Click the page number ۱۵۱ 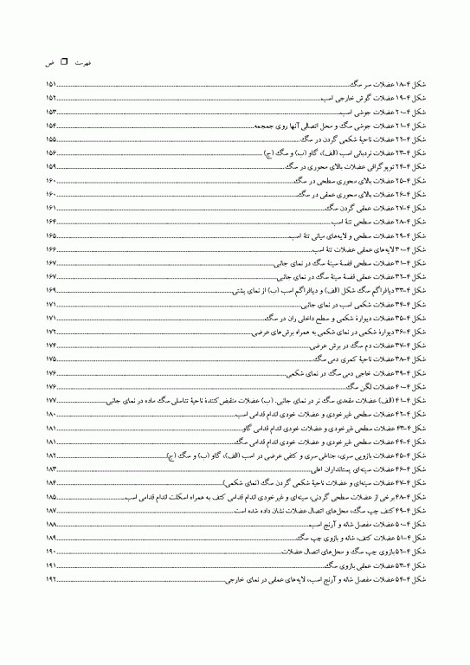click(x=51, y=85)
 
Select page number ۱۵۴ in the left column click(x=51, y=126)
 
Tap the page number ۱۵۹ click(x=51, y=166)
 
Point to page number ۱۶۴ click(x=51, y=222)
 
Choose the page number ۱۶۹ click(x=51, y=290)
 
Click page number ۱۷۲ click(x=51, y=332)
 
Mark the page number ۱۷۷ click(x=51, y=401)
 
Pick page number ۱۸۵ click(x=51, y=497)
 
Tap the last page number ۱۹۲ click(x=51, y=580)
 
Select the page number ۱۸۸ click(x=51, y=525)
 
